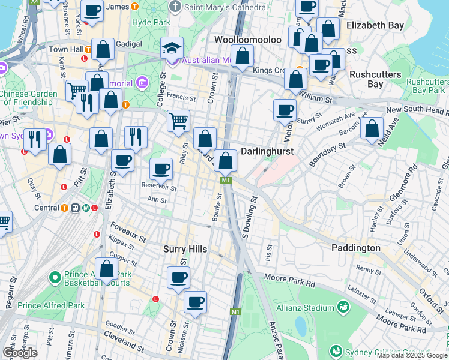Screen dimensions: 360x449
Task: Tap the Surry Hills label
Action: coord(185,248)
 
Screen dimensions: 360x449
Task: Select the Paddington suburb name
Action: coord(355,248)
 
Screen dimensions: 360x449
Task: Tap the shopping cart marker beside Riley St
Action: coord(178,121)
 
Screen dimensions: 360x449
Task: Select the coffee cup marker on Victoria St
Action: coord(285,110)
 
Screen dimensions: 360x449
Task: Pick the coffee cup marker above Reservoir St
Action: coord(160,169)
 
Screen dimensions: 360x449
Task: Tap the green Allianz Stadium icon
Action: coord(343,308)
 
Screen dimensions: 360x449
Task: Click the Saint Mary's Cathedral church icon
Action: coord(175,7)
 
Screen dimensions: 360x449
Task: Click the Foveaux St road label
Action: coord(128,231)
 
